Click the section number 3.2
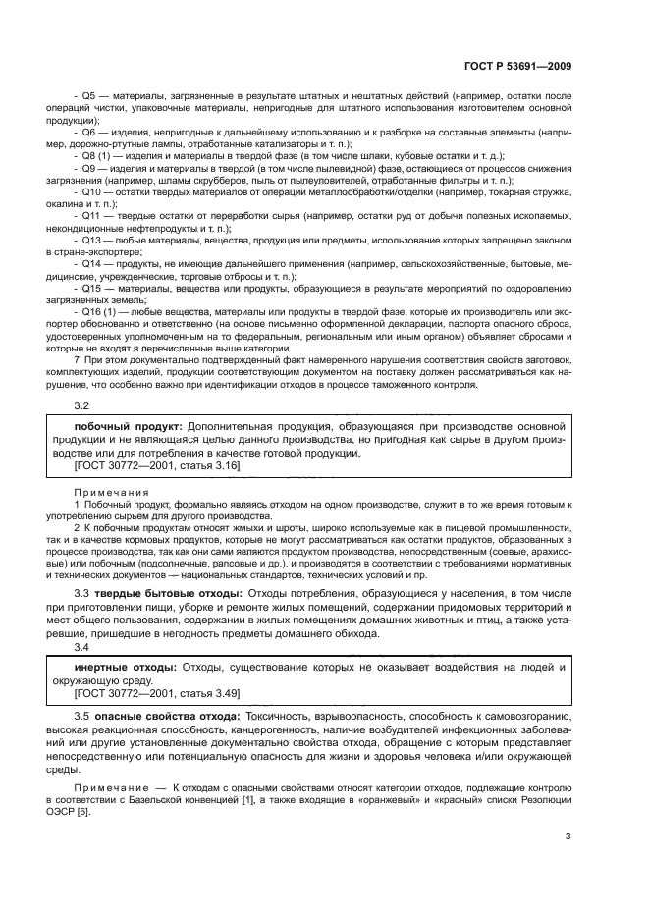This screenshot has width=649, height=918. point(82,405)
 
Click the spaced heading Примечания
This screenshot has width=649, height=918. point(109,490)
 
